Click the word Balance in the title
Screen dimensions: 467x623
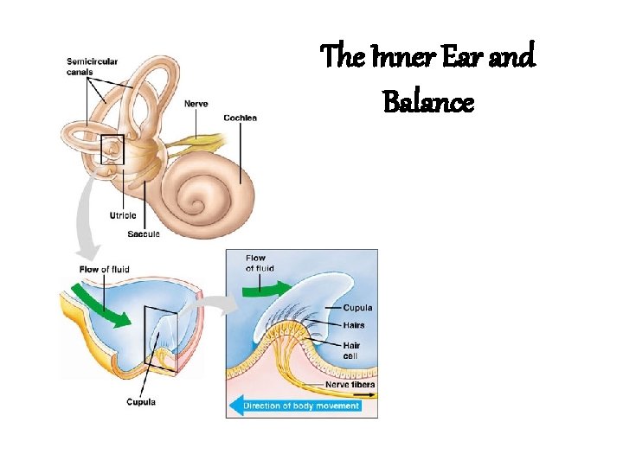coord(427,102)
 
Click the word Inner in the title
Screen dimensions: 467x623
coord(405,59)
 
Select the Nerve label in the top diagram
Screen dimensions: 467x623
coord(196,105)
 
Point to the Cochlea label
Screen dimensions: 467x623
coord(239,118)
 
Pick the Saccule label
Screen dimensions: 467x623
coord(143,234)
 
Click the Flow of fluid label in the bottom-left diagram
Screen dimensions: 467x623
coord(104,269)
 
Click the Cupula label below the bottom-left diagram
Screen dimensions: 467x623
coord(140,401)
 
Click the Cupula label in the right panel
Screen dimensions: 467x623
coord(357,308)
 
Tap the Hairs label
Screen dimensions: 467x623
coord(354,325)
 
